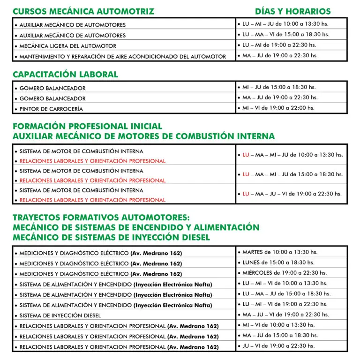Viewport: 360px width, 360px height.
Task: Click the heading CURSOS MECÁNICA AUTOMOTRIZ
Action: (83, 11)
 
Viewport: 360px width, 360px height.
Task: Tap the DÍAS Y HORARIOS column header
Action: (292, 11)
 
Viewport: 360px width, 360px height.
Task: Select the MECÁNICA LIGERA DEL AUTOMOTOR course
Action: (67, 46)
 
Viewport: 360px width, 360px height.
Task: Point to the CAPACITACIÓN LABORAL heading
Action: (65, 75)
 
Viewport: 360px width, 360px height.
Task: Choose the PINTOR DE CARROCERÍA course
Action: (51, 109)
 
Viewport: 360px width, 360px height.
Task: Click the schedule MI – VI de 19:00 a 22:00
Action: (278, 108)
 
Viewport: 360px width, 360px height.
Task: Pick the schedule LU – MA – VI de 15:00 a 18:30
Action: (286, 34)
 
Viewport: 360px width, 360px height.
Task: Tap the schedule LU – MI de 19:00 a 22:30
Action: (279, 45)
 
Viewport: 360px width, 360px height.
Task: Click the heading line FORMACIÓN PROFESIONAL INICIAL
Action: (88, 127)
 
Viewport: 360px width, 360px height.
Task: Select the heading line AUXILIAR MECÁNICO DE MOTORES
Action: (144, 136)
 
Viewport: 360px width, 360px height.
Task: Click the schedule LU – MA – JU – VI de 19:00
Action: (292, 194)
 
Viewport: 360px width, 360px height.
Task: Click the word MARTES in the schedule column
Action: (252, 252)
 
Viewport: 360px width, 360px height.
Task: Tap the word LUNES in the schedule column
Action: (251, 262)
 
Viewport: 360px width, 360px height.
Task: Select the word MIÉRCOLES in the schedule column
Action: (257, 273)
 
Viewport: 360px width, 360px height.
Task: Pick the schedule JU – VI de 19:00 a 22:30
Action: (278, 346)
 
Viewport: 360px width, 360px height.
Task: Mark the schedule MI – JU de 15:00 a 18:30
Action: (279, 87)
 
